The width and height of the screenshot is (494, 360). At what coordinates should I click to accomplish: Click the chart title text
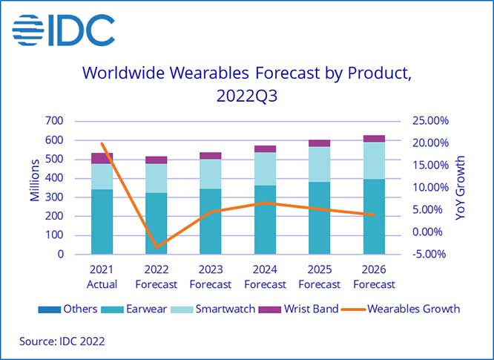click(246, 85)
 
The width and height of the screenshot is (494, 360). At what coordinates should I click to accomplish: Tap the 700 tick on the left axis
click(53, 121)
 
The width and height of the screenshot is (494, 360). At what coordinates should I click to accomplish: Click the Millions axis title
click(34, 186)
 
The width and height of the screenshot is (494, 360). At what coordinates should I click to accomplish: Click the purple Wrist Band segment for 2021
click(102, 158)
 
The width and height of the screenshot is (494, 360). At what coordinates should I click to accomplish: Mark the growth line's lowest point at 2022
click(156, 246)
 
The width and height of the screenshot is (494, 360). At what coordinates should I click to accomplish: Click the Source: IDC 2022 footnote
click(62, 341)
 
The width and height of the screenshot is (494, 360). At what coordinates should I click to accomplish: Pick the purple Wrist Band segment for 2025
click(320, 143)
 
